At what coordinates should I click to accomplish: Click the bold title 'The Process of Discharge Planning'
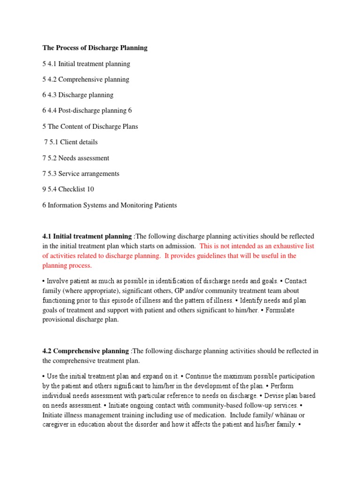coord(94,48)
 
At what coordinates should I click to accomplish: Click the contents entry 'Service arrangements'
coord(89,174)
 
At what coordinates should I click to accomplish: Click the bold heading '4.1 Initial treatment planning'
coord(87,236)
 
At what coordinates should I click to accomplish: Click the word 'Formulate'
coord(281,310)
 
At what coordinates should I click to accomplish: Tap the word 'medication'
coord(192,415)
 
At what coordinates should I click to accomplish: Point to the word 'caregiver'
coord(56,425)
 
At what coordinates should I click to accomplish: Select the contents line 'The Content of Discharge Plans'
coord(93,127)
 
